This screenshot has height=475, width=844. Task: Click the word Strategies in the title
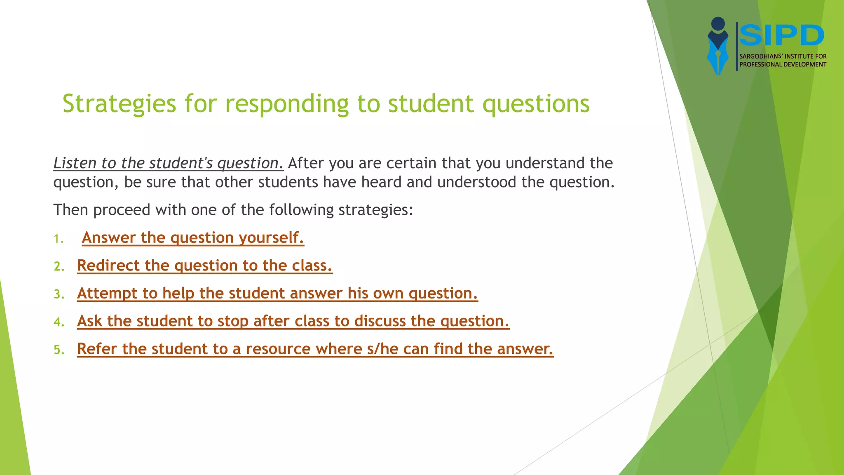(x=119, y=104)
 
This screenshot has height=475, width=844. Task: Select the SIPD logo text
(x=781, y=35)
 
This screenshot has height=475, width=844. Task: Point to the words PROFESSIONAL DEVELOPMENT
(x=783, y=64)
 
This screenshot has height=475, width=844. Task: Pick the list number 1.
(x=59, y=239)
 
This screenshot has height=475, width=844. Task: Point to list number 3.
(x=59, y=294)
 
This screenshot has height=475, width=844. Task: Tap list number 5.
(x=59, y=350)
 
